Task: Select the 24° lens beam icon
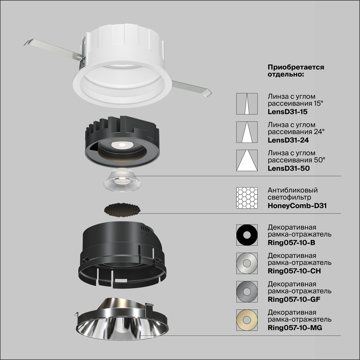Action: [247, 133]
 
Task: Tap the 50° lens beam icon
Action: [247, 160]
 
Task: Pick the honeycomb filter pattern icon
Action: [247, 198]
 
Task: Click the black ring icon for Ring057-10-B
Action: [247, 235]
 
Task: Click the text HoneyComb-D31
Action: [297, 205]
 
